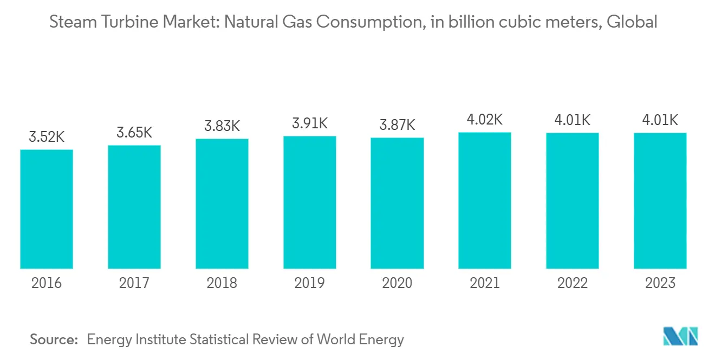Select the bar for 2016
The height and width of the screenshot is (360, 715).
pos(47,209)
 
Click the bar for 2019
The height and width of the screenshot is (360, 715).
pos(309,202)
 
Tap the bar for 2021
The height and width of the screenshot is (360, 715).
pos(485,200)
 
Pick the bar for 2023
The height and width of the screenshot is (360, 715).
pos(660,201)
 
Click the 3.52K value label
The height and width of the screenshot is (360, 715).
pos(47,138)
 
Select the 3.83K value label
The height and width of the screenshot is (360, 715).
pos(222,127)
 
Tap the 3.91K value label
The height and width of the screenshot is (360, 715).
pos(309,124)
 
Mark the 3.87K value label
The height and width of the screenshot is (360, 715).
pos(397,126)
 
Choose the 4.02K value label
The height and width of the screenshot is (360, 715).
pos(485,120)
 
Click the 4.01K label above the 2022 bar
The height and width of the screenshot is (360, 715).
pos(573,120)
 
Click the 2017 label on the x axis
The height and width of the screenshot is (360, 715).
pos(134,283)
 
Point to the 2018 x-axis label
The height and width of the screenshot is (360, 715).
pos(222,283)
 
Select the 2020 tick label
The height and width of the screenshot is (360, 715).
pos(397,283)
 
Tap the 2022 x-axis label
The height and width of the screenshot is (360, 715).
pos(573,283)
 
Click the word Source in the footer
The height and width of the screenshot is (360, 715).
pos(54,339)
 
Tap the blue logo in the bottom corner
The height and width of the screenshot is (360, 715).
pos(680,336)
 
